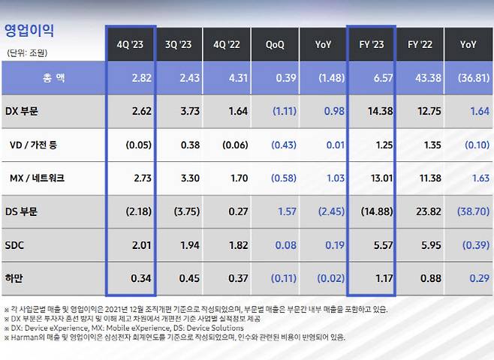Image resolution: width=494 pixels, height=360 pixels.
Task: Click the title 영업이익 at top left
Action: tap(29, 31)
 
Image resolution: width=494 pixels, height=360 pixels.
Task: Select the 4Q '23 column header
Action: tap(131, 44)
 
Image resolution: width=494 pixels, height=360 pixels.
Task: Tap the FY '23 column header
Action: tap(372, 44)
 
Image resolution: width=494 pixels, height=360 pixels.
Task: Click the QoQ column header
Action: tap(275, 44)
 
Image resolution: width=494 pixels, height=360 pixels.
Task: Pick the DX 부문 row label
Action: tap(23, 111)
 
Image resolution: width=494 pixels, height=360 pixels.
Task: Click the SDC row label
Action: tap(16, 245)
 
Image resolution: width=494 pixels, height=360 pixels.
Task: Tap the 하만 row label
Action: tap(14, 278)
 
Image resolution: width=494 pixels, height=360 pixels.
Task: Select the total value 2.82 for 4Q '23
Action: tap(140, 78)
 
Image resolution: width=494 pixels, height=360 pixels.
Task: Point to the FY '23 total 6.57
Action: tap(381, 78)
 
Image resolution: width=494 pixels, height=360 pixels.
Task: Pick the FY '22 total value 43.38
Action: tap(426, 78)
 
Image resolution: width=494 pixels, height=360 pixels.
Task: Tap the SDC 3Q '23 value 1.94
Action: tap(188, 245)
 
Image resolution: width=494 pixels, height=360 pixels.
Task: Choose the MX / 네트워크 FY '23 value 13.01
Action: tap(379, 178)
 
